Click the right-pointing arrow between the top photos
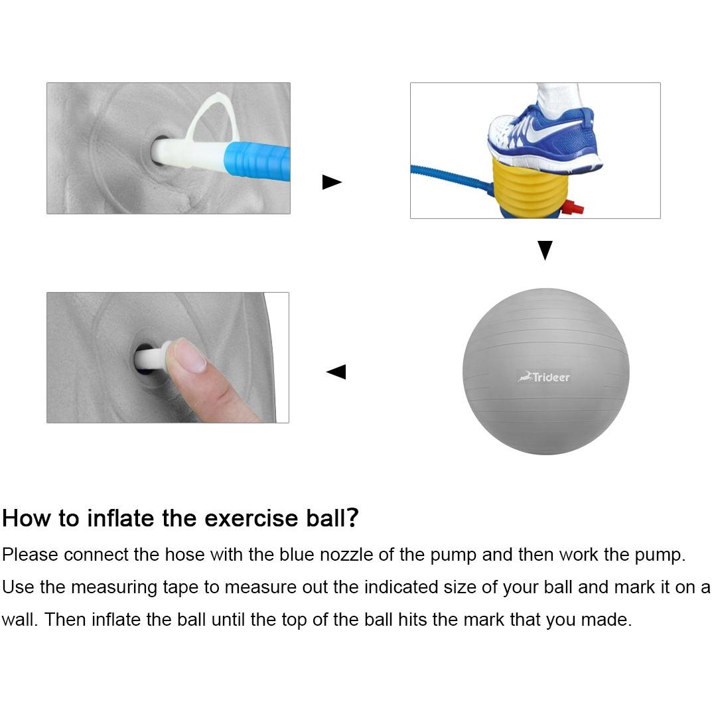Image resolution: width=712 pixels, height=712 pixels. point(331,182)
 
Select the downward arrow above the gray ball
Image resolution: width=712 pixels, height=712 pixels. point(545,249)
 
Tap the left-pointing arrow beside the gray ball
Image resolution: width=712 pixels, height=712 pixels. point(336,372)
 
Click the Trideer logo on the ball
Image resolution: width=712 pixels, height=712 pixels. point(543,377)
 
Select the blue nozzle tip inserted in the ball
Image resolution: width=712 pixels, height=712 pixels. point(257,161)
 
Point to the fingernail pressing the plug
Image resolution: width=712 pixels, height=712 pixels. point(190,356)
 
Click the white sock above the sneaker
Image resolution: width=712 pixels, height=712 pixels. point(557,100)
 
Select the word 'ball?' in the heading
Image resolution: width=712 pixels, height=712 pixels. point(332,518)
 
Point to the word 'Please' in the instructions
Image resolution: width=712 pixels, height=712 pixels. point(31,555)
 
